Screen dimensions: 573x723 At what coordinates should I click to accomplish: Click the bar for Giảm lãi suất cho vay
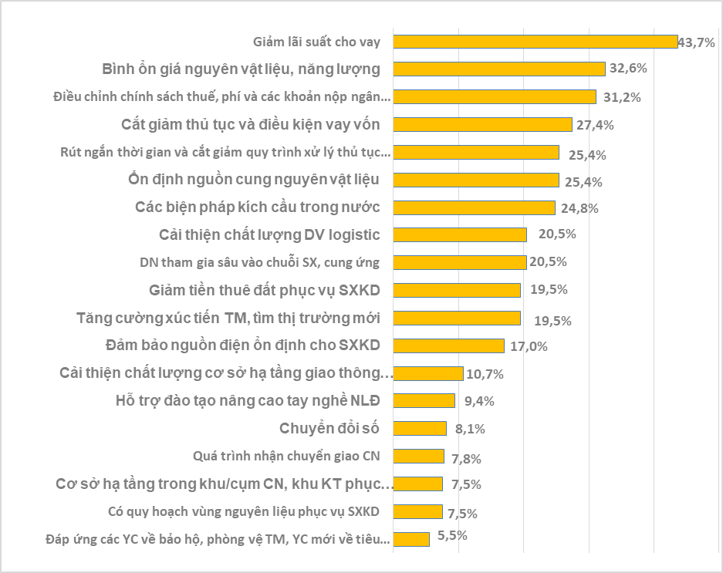[536, 42]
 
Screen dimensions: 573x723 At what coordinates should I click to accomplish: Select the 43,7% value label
[696, 42]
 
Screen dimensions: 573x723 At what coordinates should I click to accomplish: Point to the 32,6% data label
[628, 69]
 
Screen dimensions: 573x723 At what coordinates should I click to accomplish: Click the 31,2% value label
[620, 97]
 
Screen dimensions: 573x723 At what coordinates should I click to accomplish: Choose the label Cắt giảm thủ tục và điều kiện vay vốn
[251, 124]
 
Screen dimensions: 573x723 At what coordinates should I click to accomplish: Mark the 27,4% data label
[596, 124]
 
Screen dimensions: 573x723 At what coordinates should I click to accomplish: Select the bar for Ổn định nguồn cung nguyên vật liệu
[477, 180]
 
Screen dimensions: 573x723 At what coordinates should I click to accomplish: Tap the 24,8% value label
[580, 208]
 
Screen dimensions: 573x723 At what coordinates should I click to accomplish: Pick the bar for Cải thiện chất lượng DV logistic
[461, 234]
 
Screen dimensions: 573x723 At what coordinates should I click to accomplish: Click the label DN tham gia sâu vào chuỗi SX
[259, 262]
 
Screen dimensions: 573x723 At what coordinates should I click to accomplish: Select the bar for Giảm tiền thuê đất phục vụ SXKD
[458, 290]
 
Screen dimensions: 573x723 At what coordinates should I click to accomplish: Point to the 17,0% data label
[529, 346]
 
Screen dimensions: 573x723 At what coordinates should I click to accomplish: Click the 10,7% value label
[485, 375]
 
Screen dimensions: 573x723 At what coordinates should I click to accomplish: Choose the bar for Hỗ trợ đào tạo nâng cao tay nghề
[424, 400]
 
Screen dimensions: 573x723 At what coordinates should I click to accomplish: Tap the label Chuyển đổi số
[329, 428]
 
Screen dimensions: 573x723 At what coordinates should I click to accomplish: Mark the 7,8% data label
[465, 458]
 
